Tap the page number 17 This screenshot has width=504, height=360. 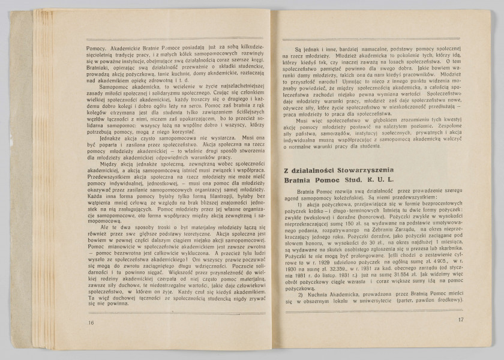460,319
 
